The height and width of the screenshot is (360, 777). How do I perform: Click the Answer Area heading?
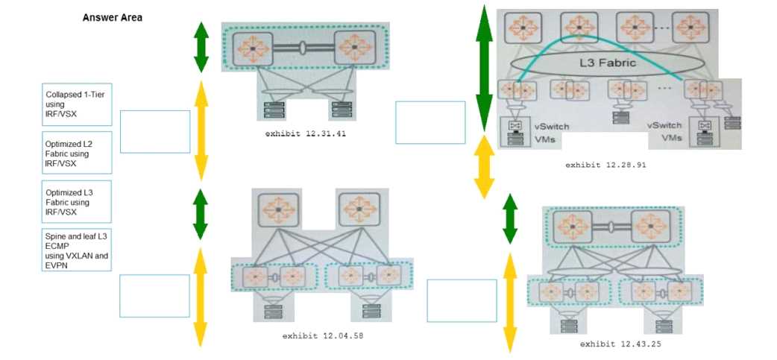113,17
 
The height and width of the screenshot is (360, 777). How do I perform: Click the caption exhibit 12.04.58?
322,336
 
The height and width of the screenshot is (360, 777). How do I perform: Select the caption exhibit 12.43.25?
620,344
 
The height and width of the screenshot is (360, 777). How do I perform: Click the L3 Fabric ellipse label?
607,63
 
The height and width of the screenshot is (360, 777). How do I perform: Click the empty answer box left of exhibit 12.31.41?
155,132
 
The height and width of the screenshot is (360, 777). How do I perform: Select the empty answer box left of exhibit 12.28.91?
430,122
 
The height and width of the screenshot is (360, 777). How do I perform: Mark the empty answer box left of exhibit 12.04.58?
155,296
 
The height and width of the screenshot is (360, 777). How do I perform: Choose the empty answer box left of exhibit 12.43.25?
462,300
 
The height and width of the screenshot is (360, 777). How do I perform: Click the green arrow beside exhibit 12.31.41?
201,46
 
